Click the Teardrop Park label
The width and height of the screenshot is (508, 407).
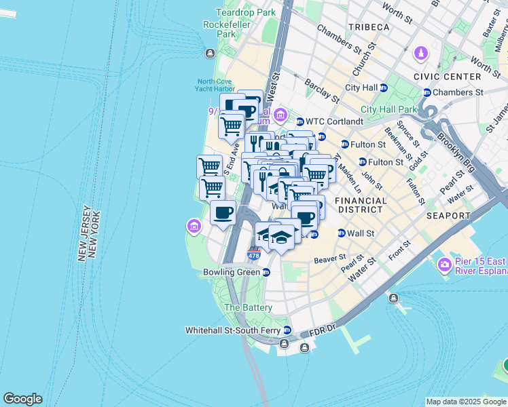tap(246, 12)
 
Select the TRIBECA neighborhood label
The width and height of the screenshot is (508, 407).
tap(369, 27)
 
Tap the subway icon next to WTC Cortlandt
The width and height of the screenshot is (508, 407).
tap(300, 121)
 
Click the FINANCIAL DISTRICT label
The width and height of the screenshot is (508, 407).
tap(361, 206)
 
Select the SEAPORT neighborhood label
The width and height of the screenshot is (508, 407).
tap(448, 216)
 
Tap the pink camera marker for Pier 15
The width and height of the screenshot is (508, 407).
tap(445, 264)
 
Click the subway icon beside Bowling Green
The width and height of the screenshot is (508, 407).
tap(266, 272)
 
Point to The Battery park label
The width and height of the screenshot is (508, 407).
tap(248, 307)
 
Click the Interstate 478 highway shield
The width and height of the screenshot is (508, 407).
tap(254, 255)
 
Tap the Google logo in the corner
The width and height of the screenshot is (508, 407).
tap(22, 399)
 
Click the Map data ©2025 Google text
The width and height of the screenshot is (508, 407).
tap(466, 402)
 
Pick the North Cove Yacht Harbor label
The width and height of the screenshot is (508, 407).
tap(215, 85)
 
